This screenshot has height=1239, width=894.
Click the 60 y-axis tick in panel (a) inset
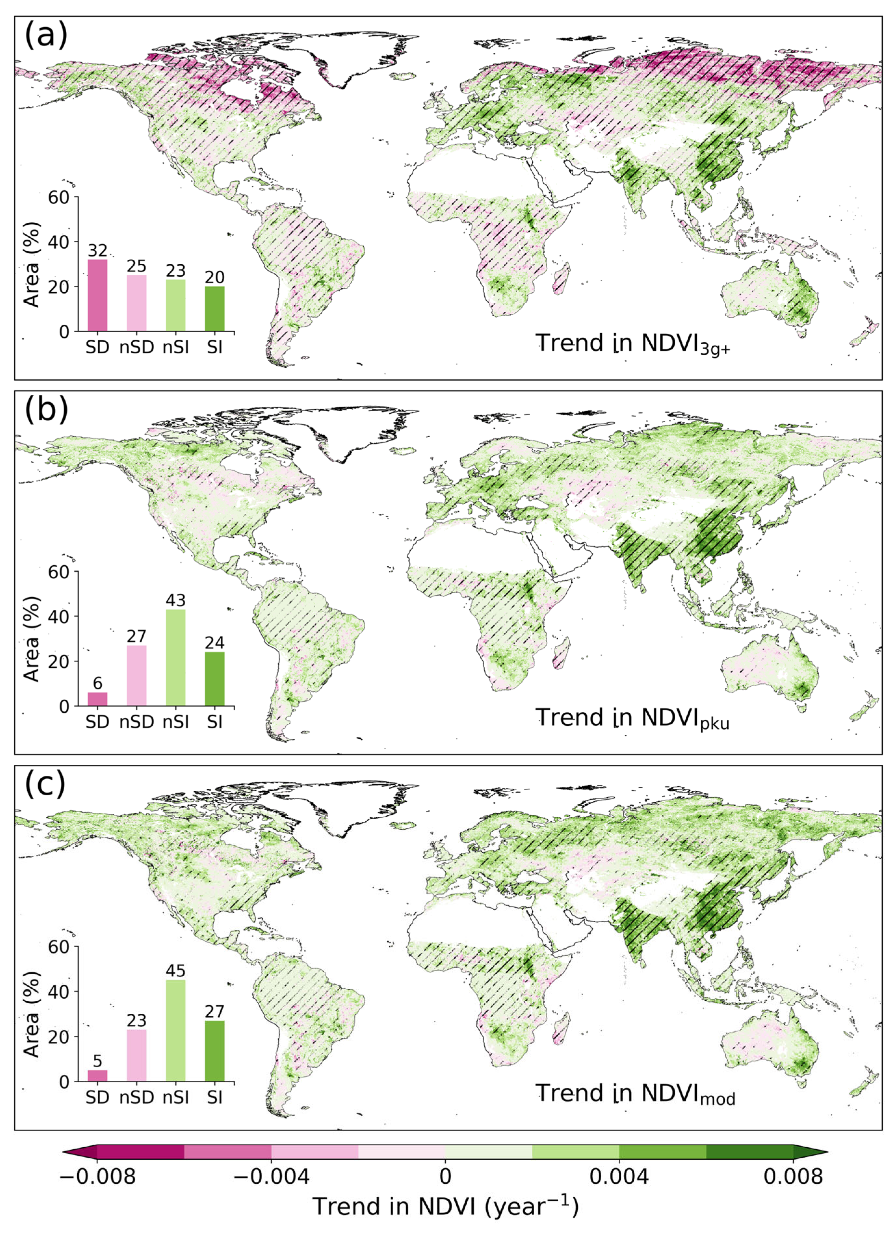pyautogui.click(x=59, y=197)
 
